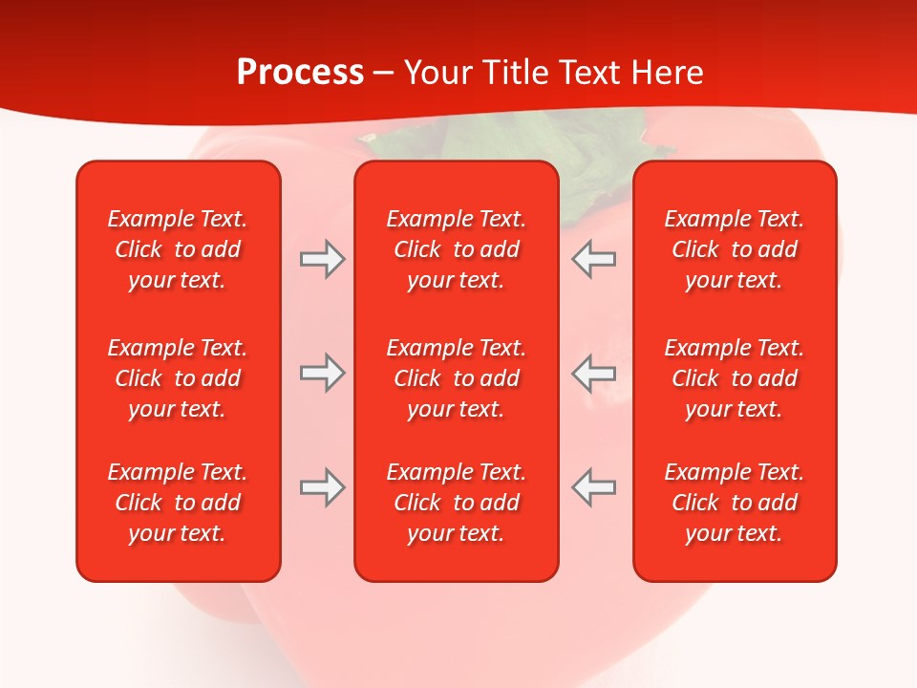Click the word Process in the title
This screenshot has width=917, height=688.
click(300, 73)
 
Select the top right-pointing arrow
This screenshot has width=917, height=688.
click(323, 259)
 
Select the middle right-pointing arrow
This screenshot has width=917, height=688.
click(323, 373)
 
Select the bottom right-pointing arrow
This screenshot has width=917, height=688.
click(323, 487)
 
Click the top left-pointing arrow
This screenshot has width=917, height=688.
click(593, 259)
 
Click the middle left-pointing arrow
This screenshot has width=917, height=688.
click(593, 373)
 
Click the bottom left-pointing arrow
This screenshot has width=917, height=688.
click(593, 487)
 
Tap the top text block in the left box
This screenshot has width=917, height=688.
click(178, 249)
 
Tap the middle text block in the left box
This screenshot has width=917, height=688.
click(178, 378)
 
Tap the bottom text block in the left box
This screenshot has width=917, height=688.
click(178, 503)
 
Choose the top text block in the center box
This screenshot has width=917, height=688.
click(456, 249)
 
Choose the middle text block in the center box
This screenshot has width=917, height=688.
click(456, 378)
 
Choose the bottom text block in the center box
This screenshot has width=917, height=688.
click(456, 503)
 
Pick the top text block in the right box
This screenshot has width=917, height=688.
click(734, 249)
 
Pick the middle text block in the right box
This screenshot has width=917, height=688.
click(734, 378)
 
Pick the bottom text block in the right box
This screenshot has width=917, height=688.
click(734, 503)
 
